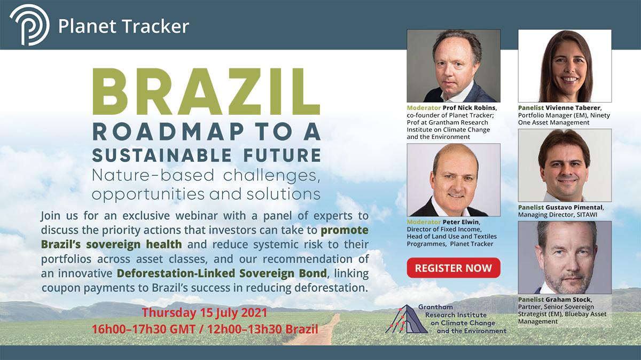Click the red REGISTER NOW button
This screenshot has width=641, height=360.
pos(454,268)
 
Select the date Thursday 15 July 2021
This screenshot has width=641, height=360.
pos(204,312)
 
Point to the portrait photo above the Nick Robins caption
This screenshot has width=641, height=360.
pos(454,66)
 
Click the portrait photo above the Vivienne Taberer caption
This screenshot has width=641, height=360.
pos(565,66)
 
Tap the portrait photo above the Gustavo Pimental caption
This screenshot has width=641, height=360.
pos(565,166)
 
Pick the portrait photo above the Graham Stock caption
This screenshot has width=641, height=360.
pos(565,257)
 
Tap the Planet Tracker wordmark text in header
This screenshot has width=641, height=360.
pos(123,26)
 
